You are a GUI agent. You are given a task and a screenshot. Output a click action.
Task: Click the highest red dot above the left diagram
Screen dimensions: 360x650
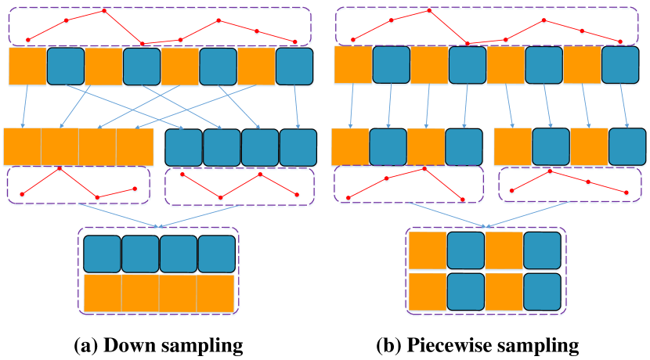click(104, 11)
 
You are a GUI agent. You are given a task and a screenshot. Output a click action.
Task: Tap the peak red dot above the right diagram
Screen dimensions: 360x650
click(429, 11)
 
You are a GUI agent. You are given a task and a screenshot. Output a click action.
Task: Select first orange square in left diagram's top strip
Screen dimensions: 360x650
click(27, 67)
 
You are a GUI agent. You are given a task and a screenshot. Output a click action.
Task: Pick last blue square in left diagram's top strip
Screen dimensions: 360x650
click(294, 67)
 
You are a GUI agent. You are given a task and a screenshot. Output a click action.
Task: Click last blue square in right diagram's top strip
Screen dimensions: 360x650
click(620, 66)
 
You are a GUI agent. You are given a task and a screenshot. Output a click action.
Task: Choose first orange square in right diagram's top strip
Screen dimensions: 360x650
click(352, 66)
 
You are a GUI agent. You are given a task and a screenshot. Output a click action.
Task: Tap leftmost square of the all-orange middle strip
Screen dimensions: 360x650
click(22, 147)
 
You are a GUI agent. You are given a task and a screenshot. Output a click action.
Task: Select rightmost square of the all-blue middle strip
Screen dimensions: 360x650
click(298, 148)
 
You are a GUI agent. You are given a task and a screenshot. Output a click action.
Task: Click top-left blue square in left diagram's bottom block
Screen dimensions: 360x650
click(102, 254)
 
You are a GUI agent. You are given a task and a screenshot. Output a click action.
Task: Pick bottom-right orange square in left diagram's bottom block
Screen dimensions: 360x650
click(216, 293)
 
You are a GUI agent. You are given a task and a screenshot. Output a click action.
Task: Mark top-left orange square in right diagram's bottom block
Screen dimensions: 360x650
click(428, 250)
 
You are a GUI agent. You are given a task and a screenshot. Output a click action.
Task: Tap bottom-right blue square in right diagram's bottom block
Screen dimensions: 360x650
click(542, 291)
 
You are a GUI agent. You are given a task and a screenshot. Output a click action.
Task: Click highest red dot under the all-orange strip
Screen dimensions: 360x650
click(60, 168)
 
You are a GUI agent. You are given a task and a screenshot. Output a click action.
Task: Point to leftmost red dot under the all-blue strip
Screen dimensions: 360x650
click(182, 175)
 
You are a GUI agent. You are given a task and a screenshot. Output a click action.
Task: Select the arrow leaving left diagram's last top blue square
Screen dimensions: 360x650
click(296, 107)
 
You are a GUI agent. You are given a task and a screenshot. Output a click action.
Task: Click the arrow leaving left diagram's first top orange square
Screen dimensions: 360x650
click(25, 107)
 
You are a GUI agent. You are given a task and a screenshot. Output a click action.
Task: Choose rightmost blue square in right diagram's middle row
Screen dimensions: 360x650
click(627, 147)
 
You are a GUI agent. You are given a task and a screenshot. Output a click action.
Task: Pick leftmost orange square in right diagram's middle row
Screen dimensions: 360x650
click(350, 147)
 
